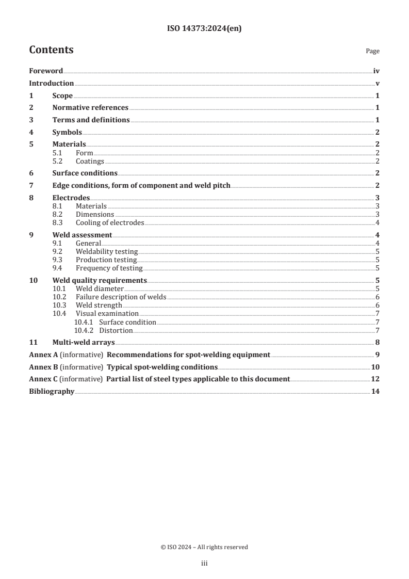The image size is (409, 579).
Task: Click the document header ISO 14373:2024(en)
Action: coord(204,29)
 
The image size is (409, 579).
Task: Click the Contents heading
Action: coord(51,50)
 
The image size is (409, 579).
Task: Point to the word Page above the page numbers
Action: coord(372,51)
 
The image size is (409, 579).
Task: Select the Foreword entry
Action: coord(46,71)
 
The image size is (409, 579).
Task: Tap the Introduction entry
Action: coord(51,83)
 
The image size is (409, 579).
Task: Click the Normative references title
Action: coord(90,108)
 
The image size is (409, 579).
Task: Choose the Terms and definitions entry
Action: coord(91,120)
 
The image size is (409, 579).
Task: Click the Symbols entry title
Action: coord(67,133)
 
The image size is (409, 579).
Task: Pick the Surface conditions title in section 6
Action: coord(85,173)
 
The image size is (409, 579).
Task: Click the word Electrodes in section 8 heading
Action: coord(71,198)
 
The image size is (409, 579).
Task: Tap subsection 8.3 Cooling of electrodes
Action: coord(109,223)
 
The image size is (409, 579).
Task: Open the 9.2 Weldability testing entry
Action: coord(106,252)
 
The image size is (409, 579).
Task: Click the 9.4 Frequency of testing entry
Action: coord(109,268)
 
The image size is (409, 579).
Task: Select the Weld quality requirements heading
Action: coord(100,281)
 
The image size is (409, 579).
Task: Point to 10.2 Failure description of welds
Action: coord(121,297)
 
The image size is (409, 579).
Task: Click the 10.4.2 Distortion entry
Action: coord(116,330)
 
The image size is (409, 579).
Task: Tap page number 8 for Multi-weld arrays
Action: coord(378,342)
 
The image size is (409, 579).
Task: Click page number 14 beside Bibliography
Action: coord(376,392)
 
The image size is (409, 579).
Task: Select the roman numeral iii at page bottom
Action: coord(204,564)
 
